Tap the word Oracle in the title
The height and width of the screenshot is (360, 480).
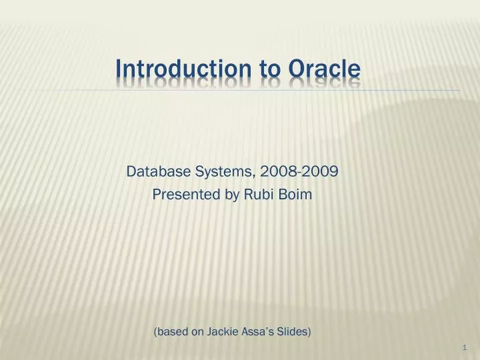tap(325, 69)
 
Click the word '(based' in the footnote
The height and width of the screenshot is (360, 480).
tap(171, 332)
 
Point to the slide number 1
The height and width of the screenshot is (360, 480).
tap(463, 348)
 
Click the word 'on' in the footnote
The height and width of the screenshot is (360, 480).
tap(197, 332)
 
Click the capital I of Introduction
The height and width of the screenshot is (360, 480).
tap(119, 69)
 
